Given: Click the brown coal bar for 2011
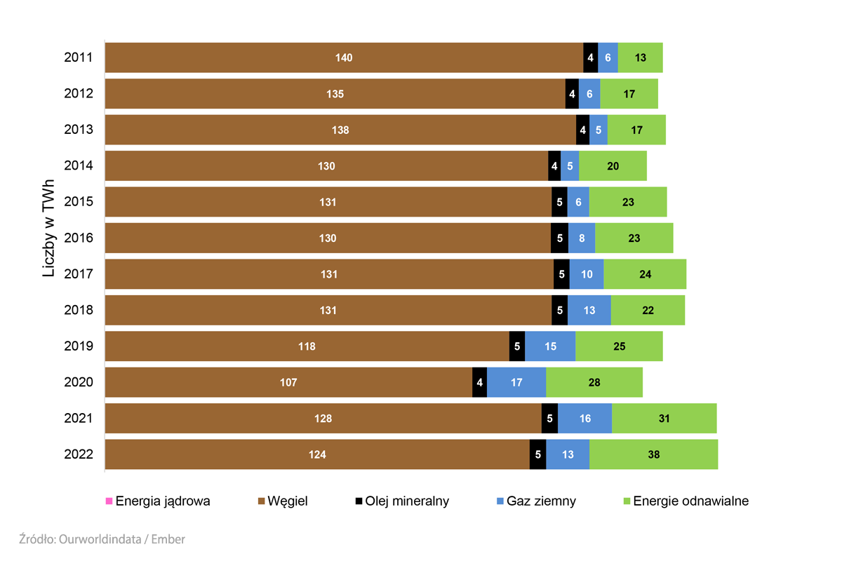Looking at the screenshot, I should [344, 58].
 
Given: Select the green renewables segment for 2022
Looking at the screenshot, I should [653, 454].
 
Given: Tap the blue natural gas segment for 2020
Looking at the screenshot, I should [516, 383].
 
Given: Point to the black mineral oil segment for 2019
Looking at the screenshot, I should [517, 346].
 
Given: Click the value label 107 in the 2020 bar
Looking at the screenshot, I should [288, 383].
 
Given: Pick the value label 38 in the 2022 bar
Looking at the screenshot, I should [653, 454].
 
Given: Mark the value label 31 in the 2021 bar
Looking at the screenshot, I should [664, 419].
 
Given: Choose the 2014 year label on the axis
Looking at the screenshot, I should [79, 166].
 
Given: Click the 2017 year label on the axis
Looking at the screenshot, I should [79, 274].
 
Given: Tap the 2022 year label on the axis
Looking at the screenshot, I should [79, 454].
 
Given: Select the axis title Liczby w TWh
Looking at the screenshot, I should [48, 227].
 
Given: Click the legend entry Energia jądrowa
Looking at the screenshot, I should [162, 501].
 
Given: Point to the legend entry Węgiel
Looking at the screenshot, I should [287, 501].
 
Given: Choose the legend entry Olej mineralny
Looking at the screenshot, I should [406, 501].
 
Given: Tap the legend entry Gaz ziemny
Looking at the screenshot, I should [540, 501].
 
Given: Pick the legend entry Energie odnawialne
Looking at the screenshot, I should [690, 501].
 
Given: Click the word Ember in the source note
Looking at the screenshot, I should [168, 539].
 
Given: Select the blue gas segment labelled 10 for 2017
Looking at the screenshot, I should [587, 274].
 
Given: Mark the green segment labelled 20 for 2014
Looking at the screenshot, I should [613, 166].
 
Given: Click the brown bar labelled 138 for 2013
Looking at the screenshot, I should [340, 130].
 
